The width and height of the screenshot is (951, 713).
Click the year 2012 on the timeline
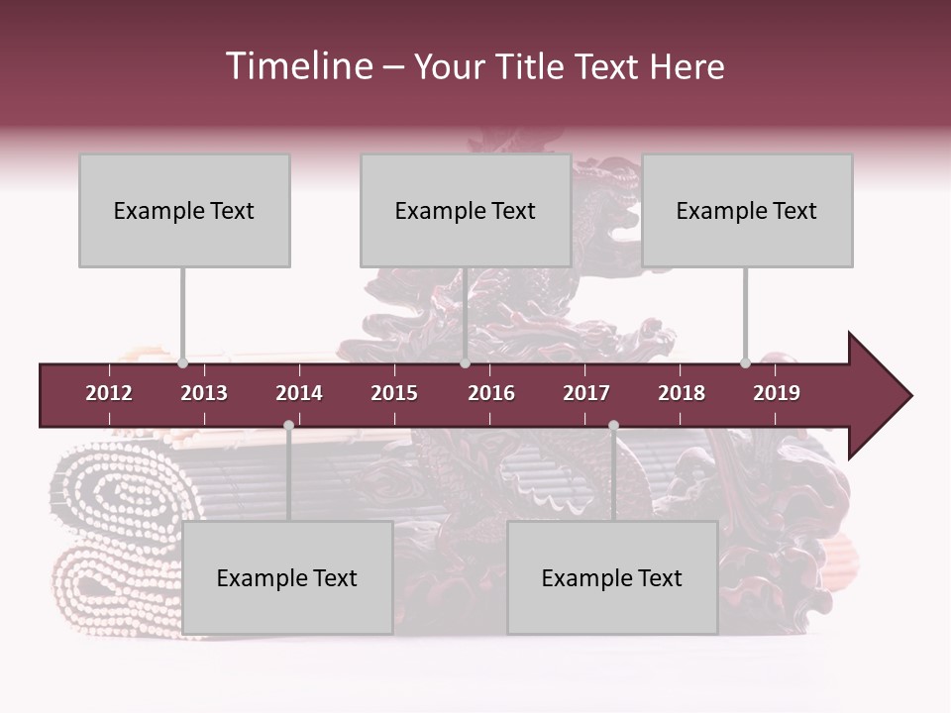[x=109, y=393]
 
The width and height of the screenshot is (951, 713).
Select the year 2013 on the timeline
[x=204, y=393]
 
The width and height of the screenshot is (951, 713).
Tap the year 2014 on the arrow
[x=299, y=393]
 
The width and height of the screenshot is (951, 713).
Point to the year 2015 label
[x=394, y=393]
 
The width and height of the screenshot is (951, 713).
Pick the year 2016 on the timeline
[x=491, y=393]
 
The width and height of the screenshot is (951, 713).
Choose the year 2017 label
[x=586, y=393]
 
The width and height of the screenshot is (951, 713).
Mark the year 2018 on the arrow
[x=682, y=393]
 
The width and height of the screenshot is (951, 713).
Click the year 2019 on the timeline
[x=777, y=393]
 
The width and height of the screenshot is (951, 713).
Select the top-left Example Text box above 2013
[x=184, y=211]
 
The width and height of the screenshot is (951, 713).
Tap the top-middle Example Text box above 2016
[x=466, y=211]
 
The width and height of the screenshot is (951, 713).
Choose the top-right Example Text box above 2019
[x=747, y=211]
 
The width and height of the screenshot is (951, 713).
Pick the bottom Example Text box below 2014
[x=287, y=578]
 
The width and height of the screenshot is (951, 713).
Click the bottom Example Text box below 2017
[x=612, y=578]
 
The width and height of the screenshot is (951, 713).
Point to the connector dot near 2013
[x=182, y=363]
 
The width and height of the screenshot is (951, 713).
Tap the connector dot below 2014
[x=288, y=426]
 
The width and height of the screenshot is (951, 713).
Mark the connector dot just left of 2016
[x=465, y=363]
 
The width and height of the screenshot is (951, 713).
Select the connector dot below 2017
[x=613, y=426]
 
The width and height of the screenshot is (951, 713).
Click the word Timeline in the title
[x=298, y=66]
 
